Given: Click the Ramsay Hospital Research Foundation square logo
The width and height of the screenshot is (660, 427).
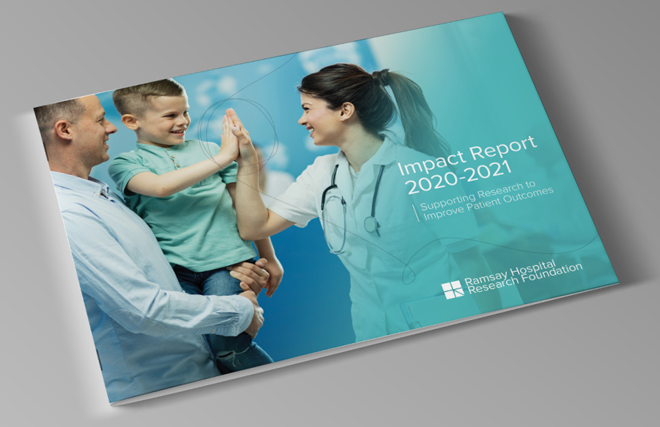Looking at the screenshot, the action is coord(452,290).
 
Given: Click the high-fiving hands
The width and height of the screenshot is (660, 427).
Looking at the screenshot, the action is coord(237,137).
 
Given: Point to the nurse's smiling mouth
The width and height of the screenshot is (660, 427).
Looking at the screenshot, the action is coord(311,131).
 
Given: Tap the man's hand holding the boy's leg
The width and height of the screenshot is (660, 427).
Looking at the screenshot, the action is coord(252,274).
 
